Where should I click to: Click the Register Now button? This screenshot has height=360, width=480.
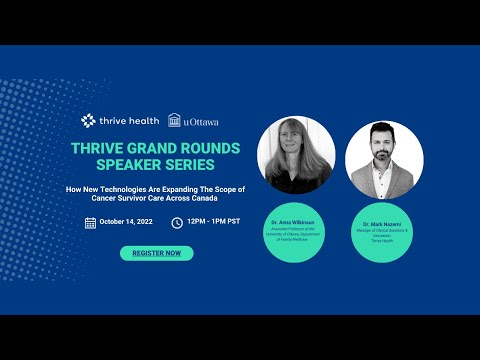[156, 253]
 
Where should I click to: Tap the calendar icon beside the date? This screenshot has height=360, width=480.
[90, 223]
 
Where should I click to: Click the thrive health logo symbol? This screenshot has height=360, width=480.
[89, 120]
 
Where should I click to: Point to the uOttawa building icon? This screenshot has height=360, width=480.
[175, 121]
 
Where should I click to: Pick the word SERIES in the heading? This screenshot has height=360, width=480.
[191, 165]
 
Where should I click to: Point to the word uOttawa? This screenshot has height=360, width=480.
[201, 121]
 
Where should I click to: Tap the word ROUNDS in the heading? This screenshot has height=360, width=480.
[208, 149]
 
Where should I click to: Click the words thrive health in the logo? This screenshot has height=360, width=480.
[129, 120]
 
